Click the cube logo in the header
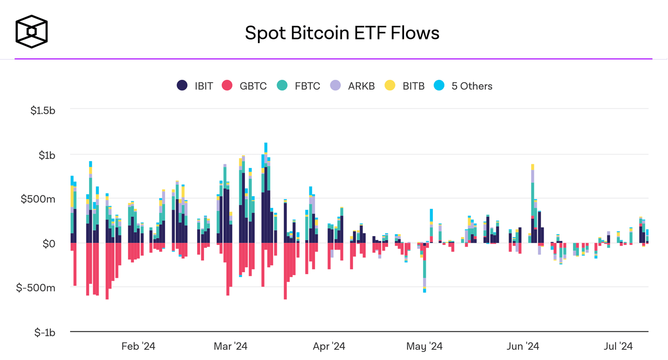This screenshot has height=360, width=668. [x=32, y=32]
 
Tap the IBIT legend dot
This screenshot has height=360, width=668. [x=182, y=86]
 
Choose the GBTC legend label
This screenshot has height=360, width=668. [x=253, y=86]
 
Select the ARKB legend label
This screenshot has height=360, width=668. [x=361, y=86]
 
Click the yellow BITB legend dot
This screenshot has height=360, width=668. [x=390, y=86]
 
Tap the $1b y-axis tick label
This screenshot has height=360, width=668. [x=47, y=155]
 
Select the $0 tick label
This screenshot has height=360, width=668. [x=48, y=243]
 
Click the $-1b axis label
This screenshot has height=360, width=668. [x=45, y=332]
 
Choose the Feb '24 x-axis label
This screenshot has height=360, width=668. [x=138, y=346]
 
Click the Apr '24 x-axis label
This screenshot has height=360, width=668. [x=329, y=346]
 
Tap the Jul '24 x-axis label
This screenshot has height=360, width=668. [x=618, y=346]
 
